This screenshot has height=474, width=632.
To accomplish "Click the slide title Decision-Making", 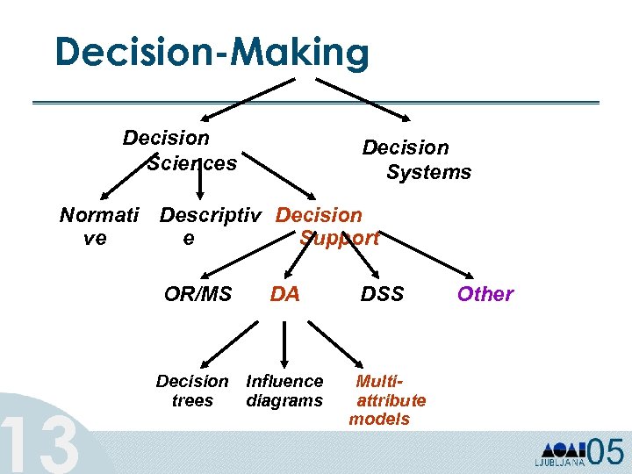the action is (x=212, y=53).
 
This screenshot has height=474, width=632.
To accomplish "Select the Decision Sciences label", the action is (x=179, y=150).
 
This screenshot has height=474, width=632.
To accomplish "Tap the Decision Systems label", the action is (x=417, y=160).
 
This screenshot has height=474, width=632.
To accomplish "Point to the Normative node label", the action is (x=97, y=226).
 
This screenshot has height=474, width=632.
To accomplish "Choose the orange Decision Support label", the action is (x=325, y=226).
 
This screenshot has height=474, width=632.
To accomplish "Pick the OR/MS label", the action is (x=197, y=293).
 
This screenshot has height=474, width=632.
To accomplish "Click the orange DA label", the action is (x=284, y=294).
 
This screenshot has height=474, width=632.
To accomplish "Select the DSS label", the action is (x=383, y=293).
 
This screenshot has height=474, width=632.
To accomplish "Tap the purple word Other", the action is (x=485, y=294).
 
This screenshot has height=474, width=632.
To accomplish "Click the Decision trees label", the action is (x=192, y=391).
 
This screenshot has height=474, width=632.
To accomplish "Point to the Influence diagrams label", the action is (x=284, y=391).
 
